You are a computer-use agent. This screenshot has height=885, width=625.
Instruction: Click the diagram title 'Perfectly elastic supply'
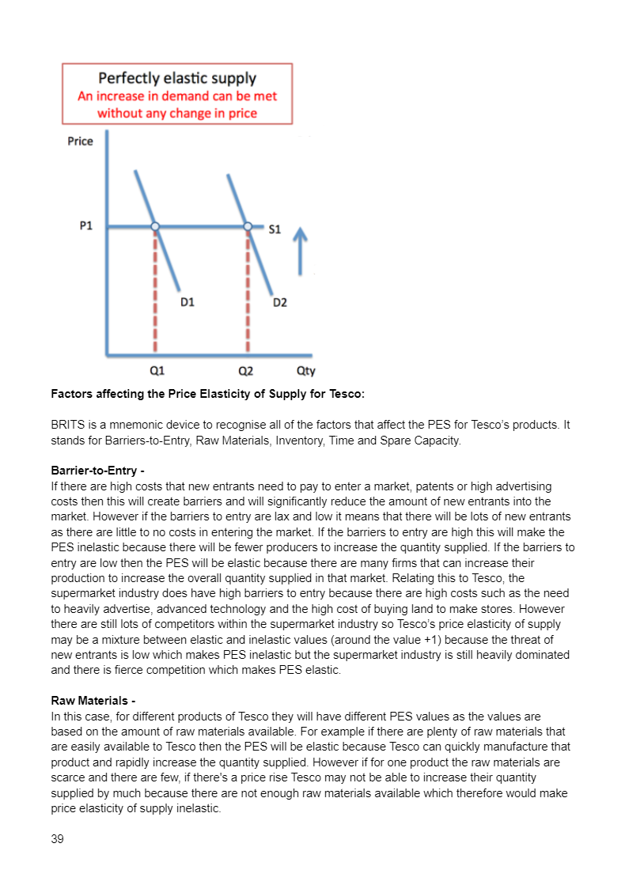point(177,78)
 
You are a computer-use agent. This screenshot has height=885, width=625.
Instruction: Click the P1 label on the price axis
point(86,226)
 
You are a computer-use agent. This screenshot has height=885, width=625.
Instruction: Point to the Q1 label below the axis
point(157,369)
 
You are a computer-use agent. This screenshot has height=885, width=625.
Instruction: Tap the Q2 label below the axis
point(246,369)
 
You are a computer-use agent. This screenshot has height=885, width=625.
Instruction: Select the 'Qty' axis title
point(305,370)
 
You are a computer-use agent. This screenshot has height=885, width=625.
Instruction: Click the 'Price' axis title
point(80,142)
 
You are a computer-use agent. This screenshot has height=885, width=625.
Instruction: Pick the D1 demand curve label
point(187,301)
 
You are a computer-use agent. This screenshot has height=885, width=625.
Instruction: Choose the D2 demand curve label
point(279,301)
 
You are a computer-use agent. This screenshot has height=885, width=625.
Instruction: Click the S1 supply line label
point(275,229)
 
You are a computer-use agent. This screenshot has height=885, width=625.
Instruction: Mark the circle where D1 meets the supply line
point(155,227)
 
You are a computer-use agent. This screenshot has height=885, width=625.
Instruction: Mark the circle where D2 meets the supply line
point(248,227)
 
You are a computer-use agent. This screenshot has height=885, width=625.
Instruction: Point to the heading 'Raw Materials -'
point(93,701)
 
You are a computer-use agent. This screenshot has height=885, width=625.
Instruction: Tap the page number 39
point(57,839)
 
